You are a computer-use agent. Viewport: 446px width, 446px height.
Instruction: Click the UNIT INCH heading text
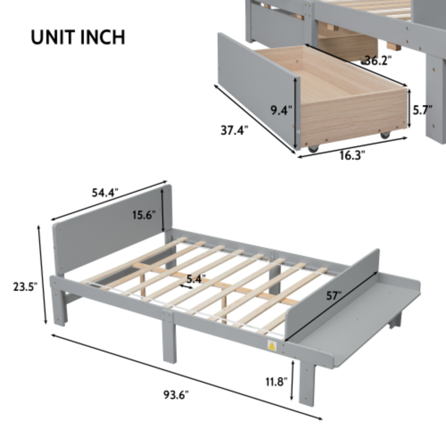click(78, 37)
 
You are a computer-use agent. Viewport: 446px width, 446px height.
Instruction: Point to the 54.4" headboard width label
click(105, 193)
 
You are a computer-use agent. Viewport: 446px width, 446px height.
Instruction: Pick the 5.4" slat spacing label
click(196, 279)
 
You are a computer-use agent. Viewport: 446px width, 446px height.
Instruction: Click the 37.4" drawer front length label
click(234, 130)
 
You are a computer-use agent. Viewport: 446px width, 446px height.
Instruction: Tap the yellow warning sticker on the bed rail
click(271, 347)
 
